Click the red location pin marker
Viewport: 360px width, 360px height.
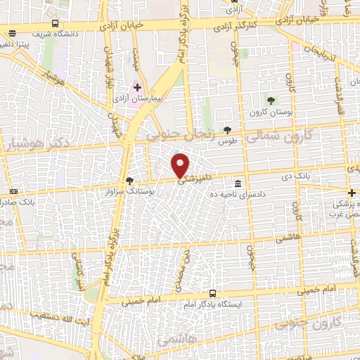pos(181,165)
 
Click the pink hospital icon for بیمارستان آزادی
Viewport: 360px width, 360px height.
pos(137,88)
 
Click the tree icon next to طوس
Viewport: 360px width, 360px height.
pos(227,129)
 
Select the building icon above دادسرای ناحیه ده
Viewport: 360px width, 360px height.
pos(239,182)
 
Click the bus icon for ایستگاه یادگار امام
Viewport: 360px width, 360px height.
pos(212,293)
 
